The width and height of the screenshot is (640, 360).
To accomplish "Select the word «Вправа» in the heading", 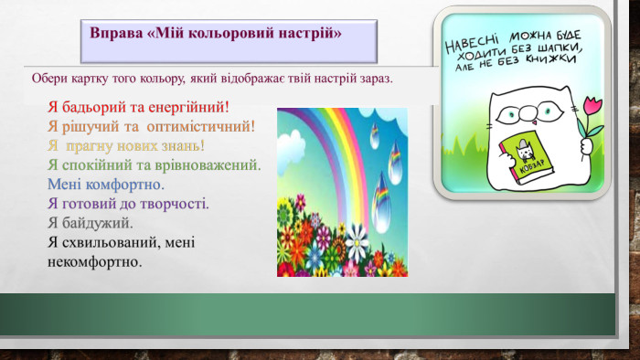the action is click(116, 33).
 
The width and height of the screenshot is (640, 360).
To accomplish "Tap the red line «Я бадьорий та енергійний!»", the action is click(138, 107).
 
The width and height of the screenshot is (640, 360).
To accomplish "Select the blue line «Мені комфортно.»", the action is click(106, 185).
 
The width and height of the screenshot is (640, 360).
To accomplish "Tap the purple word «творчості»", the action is click(172, 204).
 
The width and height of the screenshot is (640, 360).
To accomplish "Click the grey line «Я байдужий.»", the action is click(91, 223).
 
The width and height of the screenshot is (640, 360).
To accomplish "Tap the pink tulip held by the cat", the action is click(592, 107).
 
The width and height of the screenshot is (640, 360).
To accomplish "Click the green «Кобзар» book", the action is click(526, 158).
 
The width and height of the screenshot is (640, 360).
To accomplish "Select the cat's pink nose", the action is click(534, 122).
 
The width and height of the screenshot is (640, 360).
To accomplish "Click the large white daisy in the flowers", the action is click(357, 242).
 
